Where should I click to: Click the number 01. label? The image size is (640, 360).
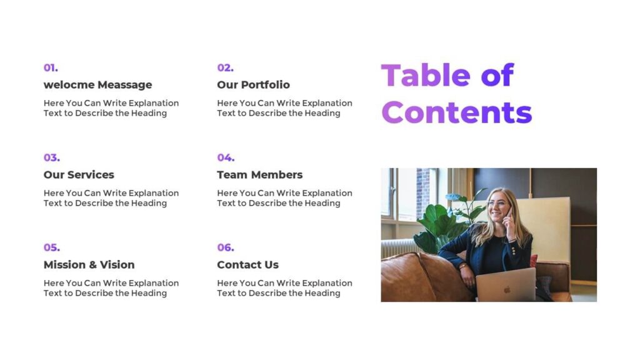[51, 67]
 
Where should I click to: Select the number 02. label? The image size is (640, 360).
[225, 67]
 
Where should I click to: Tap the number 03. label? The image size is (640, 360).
[51, 157]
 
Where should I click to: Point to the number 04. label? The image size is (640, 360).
[226, 157]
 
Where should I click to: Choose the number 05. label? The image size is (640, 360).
[51, 247]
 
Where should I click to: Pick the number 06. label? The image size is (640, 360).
[226, 247]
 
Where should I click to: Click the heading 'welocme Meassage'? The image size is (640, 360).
[97, 84]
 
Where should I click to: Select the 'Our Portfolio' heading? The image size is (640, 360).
[253, 84]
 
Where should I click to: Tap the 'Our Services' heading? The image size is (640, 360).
[79, 174]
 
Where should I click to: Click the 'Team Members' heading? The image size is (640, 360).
[259, 174]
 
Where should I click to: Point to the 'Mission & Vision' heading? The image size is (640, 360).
[89, 264]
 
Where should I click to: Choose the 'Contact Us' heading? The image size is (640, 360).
[247, 264]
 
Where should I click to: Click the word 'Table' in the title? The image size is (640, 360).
[425, 75]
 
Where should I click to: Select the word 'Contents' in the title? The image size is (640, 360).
[456, 112]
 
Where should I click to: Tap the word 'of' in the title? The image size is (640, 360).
[497, 75]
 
